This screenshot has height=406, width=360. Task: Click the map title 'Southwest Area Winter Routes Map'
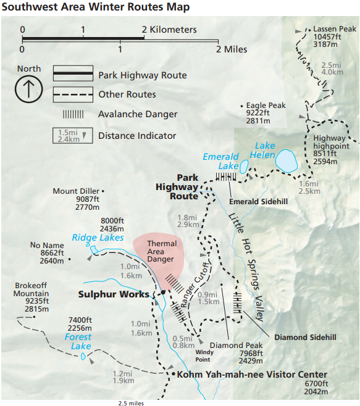(x=95, y=7)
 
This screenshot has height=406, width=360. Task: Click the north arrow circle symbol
(x=29, y=89)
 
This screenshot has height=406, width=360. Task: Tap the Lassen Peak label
(x=334, y=29)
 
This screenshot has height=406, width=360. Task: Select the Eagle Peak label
(x=266, y=106)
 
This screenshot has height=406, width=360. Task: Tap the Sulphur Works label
(x=114, y=294)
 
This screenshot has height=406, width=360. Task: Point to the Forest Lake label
(x=78, y=341)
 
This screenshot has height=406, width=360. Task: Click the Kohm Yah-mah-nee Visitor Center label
(x=252, y=375)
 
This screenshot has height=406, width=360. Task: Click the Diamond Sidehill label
(x=305, y=338)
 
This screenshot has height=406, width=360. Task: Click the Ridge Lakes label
(x=98, y=238)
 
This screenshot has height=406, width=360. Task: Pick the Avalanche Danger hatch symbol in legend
(x=74, y=115)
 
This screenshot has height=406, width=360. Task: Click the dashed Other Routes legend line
(x=73, y=95)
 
